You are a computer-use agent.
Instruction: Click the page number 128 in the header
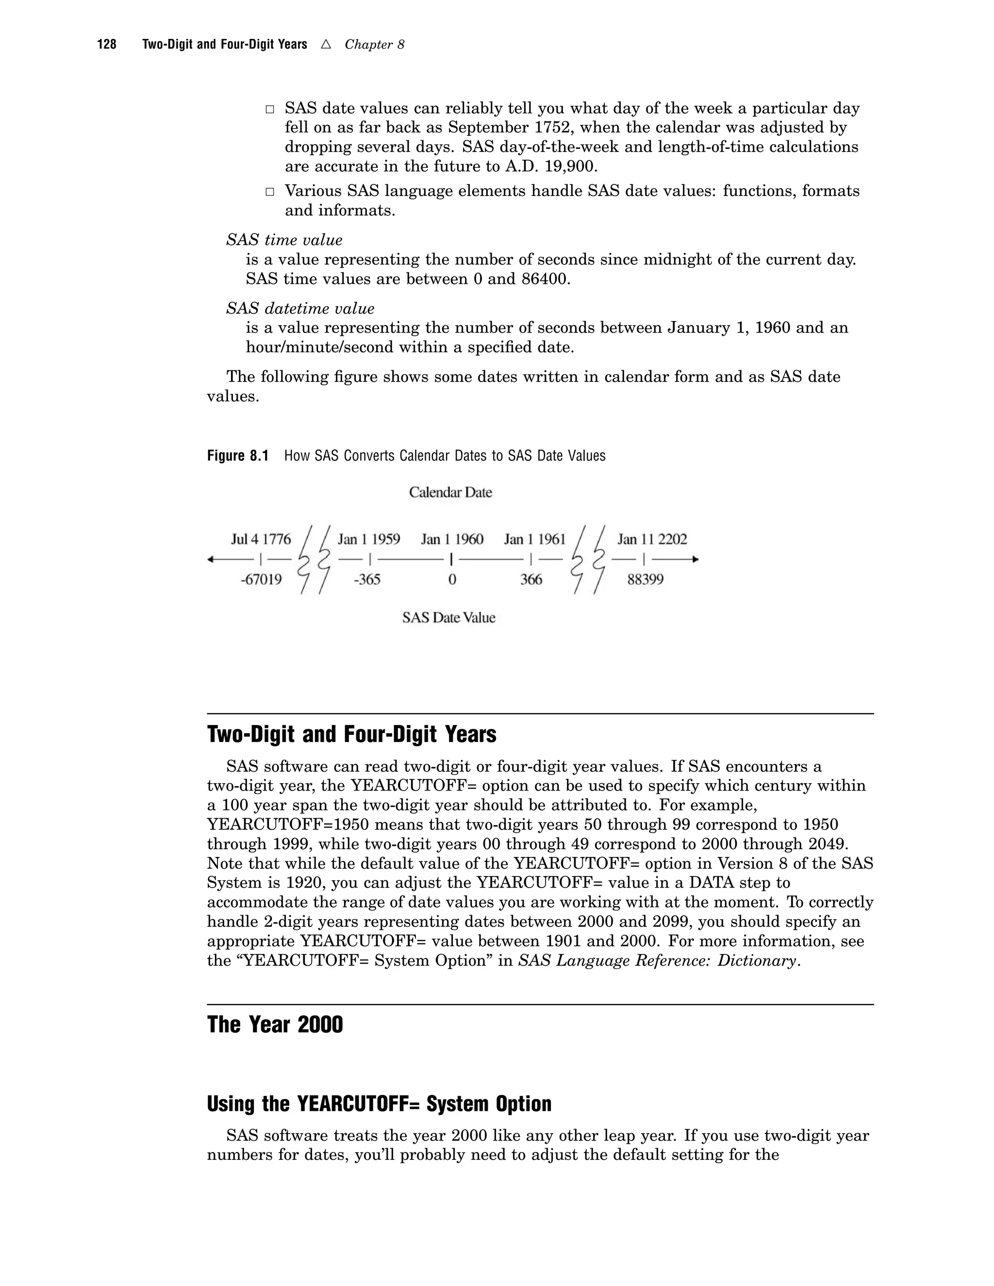point(107,45)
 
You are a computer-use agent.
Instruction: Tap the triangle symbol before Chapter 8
point(326,45)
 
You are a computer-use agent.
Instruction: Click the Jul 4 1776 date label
point(261,539)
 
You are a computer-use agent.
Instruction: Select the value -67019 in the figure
point(261,580)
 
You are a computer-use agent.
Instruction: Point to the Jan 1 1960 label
point(452,539)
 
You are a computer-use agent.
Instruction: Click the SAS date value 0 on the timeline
point(452,580)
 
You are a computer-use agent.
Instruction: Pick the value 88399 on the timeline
point(646,580)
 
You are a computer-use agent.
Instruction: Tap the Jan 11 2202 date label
point(652,539)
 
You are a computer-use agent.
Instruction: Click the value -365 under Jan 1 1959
point(367,580)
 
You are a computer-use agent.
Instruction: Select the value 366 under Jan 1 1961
point(530,580)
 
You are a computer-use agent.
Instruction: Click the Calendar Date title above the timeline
point(450,492)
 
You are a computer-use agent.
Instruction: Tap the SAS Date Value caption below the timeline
point(449,618)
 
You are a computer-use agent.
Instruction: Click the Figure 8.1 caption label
point(237,456)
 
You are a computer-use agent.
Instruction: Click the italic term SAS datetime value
point(300,309)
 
